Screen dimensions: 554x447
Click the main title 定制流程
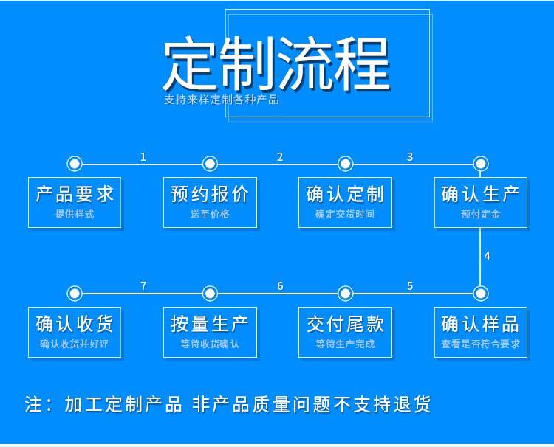pos(277,64)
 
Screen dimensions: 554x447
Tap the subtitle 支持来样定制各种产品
pos(221,100)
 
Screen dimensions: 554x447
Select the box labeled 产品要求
pos(75,203)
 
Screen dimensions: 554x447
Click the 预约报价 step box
pos(210,203)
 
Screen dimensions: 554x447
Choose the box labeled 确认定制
pos(345,203)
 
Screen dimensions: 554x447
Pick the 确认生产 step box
pos(481,203)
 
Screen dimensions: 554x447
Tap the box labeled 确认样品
pos(481,333)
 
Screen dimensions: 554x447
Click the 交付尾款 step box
pos(345,333)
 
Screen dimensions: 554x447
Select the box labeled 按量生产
pos(210,333)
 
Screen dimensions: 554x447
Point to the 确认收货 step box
pos(75,333)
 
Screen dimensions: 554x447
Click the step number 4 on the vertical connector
pos(488,256)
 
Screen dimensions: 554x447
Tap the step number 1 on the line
pos(143,157)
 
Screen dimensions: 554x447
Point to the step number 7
pos(143,286)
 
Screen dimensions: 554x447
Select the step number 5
pos(410,286)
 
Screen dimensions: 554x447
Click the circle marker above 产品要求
pos(75,164)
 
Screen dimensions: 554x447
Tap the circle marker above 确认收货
pos(75,293)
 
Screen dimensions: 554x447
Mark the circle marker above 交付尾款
pos(345,293)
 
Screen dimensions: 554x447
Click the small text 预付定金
pos(481,214)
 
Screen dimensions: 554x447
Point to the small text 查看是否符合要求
pos(481,344)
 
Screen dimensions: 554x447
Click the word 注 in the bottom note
pos(33,404)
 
